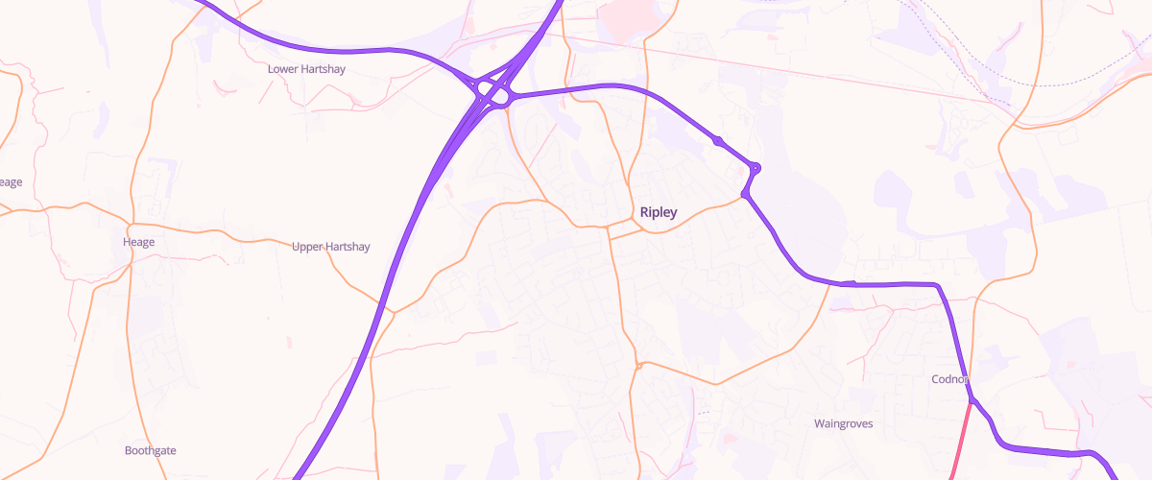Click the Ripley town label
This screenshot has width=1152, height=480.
(659, 212)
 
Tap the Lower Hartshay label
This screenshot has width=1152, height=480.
(306, 69)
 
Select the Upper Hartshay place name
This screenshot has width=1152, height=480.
(330, 247)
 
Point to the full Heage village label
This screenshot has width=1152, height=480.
(138, 242)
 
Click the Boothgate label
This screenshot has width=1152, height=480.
(151, 450)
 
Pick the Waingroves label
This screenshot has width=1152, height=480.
(842, 423)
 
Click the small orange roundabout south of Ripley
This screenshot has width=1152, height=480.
(637, 365)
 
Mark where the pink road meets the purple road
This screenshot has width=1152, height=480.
(971, 399)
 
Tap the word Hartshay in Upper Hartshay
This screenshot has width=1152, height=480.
(348, 247)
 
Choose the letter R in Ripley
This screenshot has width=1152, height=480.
(644, 212)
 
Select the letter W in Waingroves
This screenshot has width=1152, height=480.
(819, 423)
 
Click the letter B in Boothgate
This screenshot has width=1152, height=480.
(130, 450)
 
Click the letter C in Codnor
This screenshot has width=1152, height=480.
(936, 379)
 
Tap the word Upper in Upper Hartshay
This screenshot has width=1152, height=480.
(307, 247)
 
